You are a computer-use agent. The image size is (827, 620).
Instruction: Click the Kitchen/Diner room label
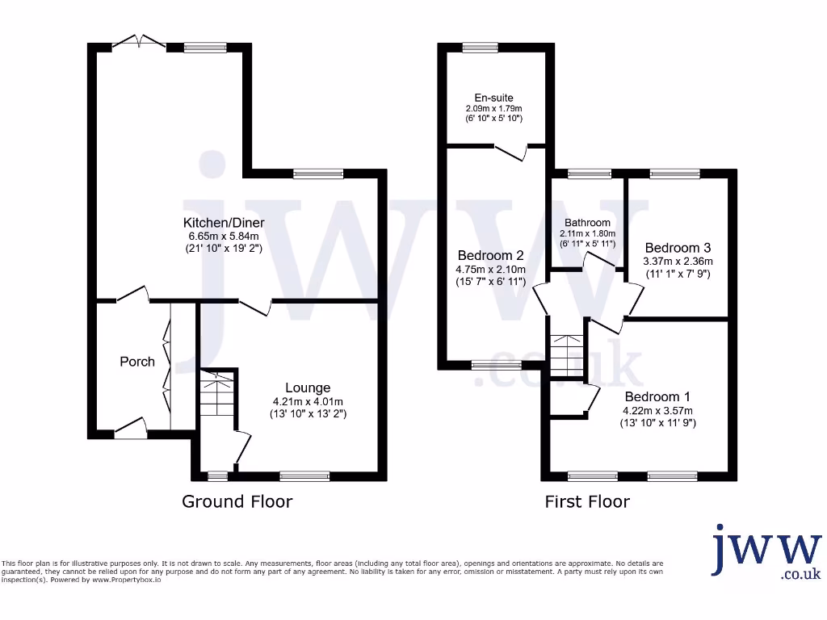pyautogui.click(x=224, y=222)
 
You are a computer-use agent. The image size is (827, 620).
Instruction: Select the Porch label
pyautogui.click(x=137, y=361)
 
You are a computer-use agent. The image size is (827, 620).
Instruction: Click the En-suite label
pyautogui.click(x=493, y=98)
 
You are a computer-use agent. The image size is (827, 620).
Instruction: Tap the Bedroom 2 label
pyautogui.click(x=493, y=254)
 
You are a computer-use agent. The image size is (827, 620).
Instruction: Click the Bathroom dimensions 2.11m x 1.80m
pyautogui.click(x=587, y=234)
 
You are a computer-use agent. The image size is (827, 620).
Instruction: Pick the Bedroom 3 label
pyautogui.click(x=678, y=248)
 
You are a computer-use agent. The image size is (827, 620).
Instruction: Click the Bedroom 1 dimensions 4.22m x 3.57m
pyautogui.click(x=657, y=410)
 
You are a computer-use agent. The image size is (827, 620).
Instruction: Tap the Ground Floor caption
pyautogui.click(x=237, y=501)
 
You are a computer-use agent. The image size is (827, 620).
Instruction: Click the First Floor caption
pyautogui.click(x=587, y=501)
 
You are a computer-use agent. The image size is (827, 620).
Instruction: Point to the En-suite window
pyautogui.click(x=481, y=48)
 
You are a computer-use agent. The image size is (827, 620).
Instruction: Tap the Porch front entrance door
pyautogui.click(x=129, y=429)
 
